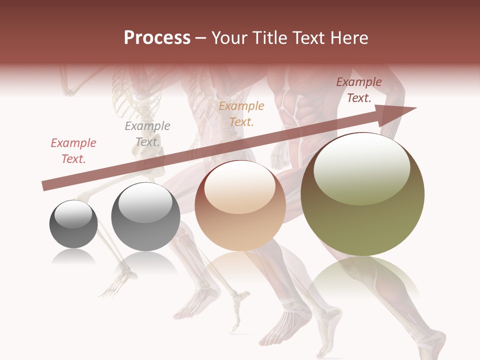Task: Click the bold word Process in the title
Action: (157, 37)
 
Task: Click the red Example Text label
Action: (73, 151)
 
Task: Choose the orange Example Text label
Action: (241, 114)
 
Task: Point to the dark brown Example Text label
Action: (359, 90)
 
